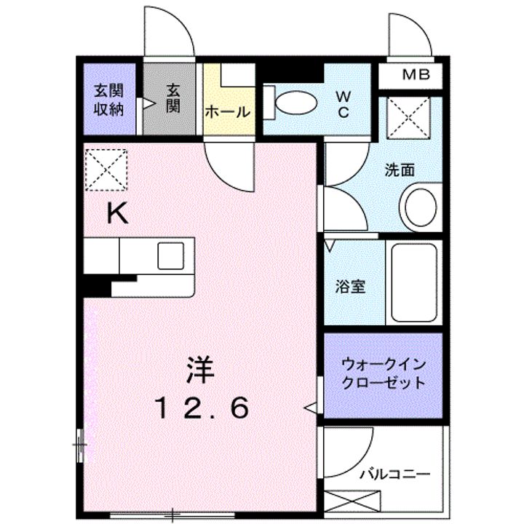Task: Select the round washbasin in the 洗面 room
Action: (420, 206)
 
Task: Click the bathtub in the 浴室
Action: (413, 282)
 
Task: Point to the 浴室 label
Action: (351, 286)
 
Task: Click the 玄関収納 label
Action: (108, 100)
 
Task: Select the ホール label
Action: (228, 112)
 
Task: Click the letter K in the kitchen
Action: (118, 213)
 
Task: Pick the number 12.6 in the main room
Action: (201, 408)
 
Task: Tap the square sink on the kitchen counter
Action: (171, 255)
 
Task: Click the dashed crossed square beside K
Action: (106, 170)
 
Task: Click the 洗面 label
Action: (400, 170)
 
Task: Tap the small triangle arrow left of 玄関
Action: (149, 105)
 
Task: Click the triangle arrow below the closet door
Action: (310, 407)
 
